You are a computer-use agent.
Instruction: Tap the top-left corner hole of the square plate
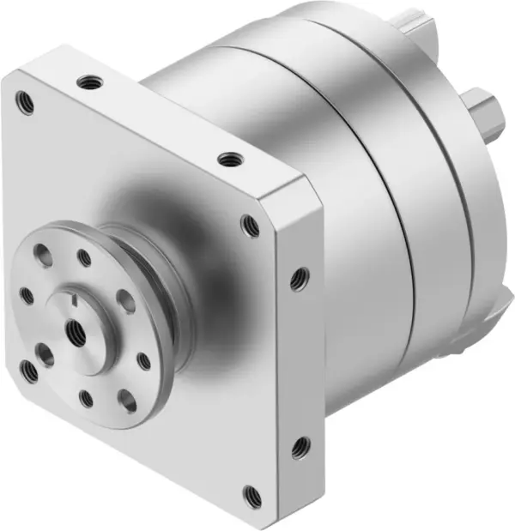(26, 104)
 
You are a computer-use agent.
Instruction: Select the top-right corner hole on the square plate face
(250, 226)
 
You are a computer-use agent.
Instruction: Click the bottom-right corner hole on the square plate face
(251, 495)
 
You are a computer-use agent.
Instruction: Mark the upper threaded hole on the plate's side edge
(299, 278)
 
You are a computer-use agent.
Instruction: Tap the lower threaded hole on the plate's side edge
(300, 446)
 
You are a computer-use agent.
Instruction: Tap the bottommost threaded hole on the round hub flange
(87, 397)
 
